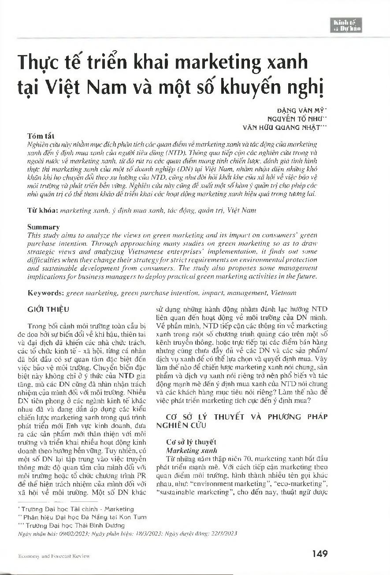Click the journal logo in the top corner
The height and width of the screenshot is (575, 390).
click(348, 25)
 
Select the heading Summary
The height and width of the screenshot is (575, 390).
click(43, 227)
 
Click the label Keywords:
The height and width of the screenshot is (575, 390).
click(45, 293)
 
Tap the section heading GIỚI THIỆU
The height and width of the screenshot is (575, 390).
click(48, 310)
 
